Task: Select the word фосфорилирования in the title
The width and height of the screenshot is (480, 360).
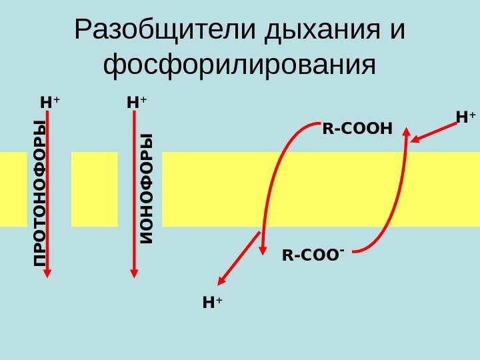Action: click(241, 65)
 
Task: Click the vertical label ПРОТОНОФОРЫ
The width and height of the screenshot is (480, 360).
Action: click(41, 195)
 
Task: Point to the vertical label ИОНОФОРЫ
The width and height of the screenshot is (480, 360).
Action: click(146, 188)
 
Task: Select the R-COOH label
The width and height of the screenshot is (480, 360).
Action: click(357, 127)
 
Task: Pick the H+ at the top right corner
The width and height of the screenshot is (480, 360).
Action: click(466, 118)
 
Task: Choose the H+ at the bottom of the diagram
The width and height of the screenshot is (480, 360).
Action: click(212, 303)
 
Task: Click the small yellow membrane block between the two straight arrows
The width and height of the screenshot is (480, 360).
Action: click(94, 189)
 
